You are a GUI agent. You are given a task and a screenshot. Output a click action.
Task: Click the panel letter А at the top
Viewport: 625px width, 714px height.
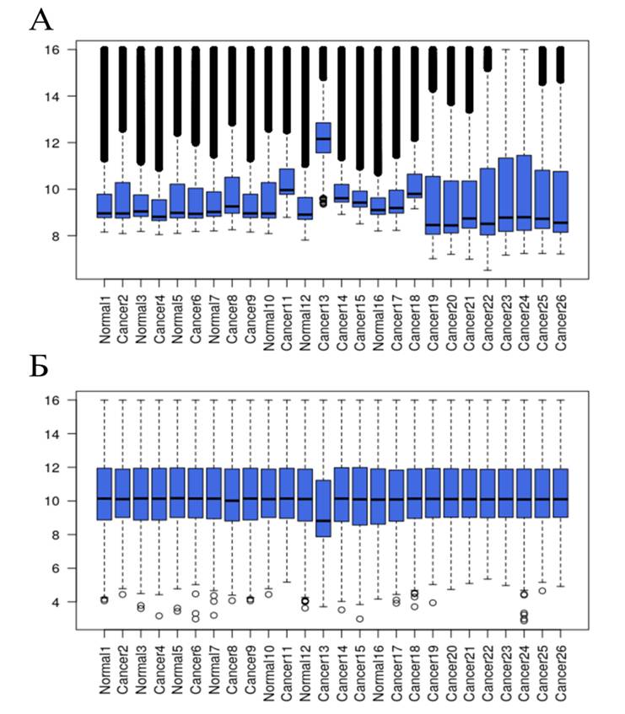coord(40,20)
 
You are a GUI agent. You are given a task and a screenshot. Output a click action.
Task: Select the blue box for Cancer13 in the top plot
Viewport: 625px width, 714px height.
coord(322,137)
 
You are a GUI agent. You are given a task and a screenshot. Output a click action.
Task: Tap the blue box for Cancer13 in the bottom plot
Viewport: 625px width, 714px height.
coord(322,507)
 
